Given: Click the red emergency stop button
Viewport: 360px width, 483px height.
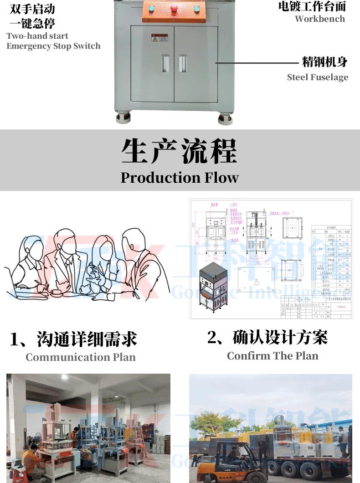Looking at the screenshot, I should (174, 8).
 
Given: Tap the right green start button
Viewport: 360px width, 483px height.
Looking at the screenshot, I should (197, 8).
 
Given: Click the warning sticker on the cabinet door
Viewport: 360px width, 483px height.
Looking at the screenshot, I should (159, 37).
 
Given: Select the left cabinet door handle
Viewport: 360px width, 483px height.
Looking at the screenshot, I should (165, 63).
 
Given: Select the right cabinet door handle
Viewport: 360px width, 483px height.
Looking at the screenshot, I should (183, 63).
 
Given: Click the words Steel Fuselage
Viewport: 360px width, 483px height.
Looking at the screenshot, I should (317, 77).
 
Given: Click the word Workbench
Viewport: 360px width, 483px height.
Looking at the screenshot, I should (319, 19).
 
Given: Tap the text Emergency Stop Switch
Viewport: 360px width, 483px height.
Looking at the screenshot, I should (53, 46).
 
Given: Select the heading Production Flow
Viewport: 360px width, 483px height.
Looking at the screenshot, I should (180, 177).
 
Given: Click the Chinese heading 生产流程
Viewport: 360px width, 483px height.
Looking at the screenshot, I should (180, 151).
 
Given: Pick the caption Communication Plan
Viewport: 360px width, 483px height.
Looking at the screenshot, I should (81, 357).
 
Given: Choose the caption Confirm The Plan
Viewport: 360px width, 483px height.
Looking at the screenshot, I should (273, 355).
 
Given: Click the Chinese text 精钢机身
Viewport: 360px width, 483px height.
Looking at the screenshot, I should (325, 62).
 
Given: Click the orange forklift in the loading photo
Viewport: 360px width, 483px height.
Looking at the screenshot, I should (237, 460).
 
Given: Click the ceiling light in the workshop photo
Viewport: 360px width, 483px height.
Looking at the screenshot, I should (64, 377).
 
